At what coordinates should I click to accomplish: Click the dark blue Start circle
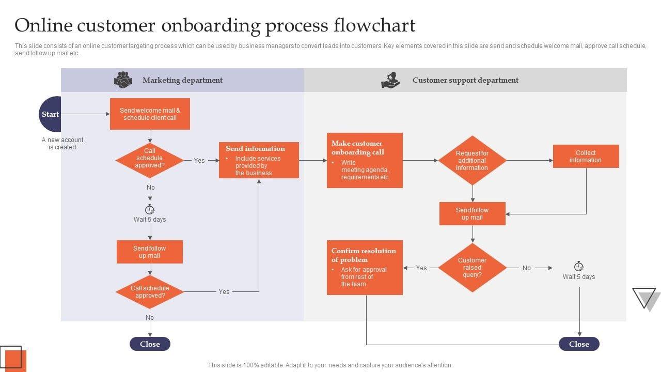point(51,114)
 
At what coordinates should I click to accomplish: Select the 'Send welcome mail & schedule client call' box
point(150,114)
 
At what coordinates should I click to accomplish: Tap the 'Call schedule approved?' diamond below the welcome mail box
point(150,160)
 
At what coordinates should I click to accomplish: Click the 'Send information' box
point(259,160)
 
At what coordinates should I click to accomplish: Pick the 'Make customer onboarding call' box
point(365,160)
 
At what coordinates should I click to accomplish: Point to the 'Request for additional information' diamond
point(472,160)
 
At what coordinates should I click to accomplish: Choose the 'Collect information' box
point(586,157)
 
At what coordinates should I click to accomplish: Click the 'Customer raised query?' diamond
point(472,268)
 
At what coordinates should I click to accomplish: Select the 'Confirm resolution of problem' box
point(365,268)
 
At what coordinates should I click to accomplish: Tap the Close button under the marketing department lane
point(150,344)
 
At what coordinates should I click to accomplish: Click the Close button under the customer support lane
point(579,344)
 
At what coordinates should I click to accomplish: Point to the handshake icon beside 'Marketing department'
point(123,80)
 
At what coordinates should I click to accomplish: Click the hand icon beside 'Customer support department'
point(390,80)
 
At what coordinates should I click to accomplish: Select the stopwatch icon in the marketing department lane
point(150,209)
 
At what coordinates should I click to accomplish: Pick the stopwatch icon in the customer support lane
point(579,267)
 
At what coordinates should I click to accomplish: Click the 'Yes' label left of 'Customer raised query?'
point(421,268)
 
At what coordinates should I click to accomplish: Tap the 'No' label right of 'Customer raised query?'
point(526,268)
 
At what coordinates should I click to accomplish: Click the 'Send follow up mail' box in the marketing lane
point(150,252)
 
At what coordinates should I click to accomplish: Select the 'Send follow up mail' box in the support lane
point(472,214)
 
